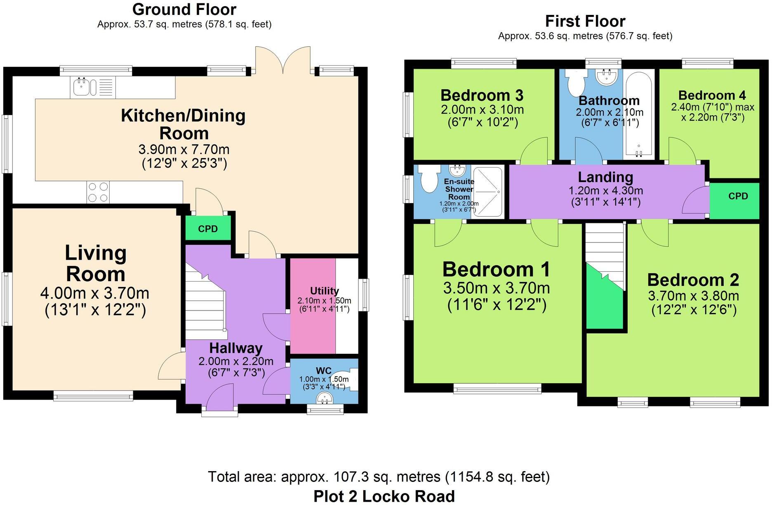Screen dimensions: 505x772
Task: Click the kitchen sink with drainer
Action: [93, 87]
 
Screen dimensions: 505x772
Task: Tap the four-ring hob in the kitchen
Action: [98, 192]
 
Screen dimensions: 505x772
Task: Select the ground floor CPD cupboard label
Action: [208, 229]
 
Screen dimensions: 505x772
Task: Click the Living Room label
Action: [96, 263]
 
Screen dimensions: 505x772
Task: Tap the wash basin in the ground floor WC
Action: [325, 398]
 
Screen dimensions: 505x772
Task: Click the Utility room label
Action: [324, 291]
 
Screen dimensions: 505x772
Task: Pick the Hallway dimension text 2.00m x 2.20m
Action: [236, 361]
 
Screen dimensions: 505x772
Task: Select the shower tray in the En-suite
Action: [487, 192]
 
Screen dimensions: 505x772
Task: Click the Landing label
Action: [605, 177]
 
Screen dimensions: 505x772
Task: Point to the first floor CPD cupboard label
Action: [738, 196]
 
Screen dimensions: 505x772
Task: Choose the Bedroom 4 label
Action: [712, 95]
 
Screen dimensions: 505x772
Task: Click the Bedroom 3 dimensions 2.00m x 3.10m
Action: [482, 110]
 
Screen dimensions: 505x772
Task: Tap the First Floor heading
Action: [585, 21]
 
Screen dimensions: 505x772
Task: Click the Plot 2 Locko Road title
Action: [384, 496]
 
